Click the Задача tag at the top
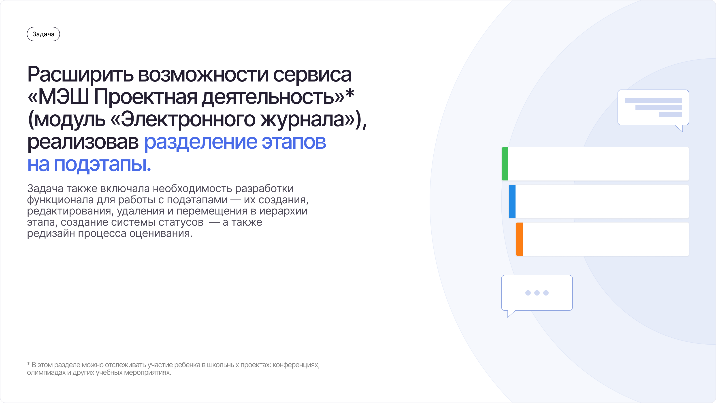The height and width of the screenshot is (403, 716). [x=43, y=34]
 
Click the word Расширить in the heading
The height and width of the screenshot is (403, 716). [x=80, y=75]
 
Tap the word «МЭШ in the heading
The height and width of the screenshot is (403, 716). [x=58, y=97]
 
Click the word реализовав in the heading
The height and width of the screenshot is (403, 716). [x=83, y=142]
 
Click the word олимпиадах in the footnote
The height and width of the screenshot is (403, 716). [x=46, y=372]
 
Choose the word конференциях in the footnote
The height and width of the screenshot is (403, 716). [x=296, y=365]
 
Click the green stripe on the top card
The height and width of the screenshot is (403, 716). [x=505, y=164]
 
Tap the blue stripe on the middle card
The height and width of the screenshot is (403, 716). [x=512, y=201]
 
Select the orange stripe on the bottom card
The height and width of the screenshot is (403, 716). [x=519, y=239]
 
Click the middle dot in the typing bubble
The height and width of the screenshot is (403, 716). [x=537, y=293]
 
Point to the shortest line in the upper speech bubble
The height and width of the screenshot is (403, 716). [x=670, y=115]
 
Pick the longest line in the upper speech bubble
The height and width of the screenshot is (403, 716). [x=653, y=100]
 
